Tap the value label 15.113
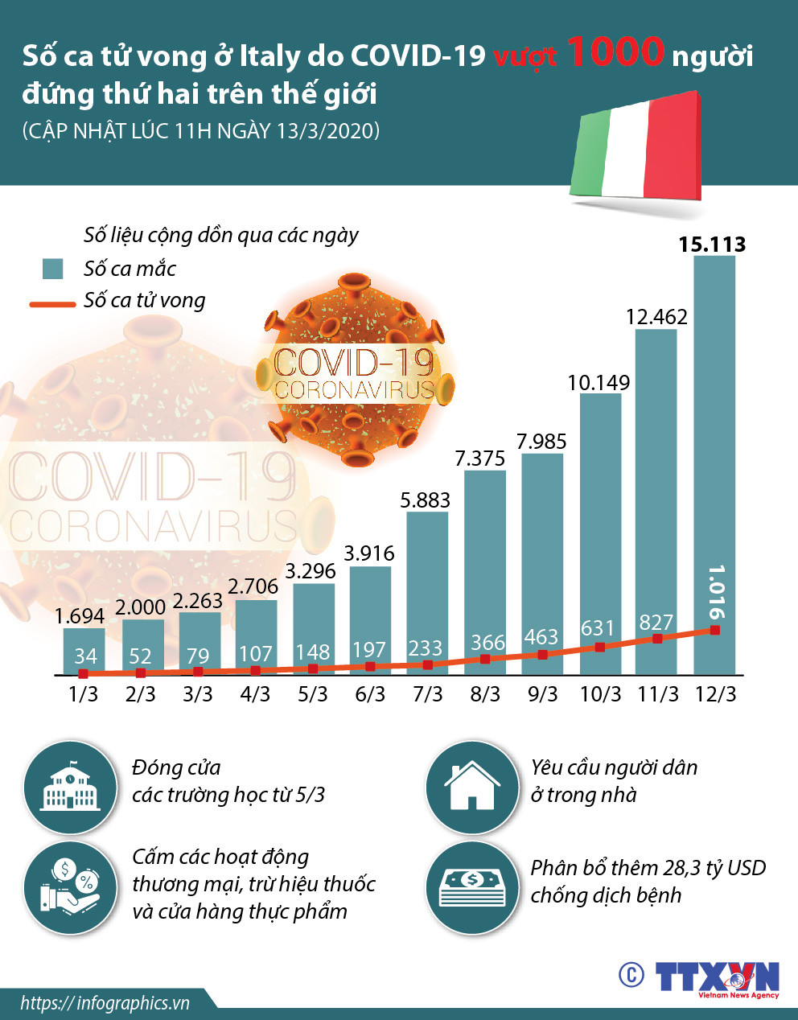(x=712, y=244)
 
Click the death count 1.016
(x=715, y=592)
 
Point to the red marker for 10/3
(x=600, y=647)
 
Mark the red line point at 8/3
(x=485, y=659)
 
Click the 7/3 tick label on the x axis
(x=427, y=694)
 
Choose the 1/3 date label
(x=84, y=694)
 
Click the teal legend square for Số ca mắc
(x=52, y=269)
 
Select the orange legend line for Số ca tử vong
(x=53, y=304)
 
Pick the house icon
(x=472, y=787)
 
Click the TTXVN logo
(x=716, y=977)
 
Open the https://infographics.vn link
(x=105, y=1003)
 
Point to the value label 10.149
(x=598, y=382)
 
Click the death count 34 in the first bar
(x=85, y=656)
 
